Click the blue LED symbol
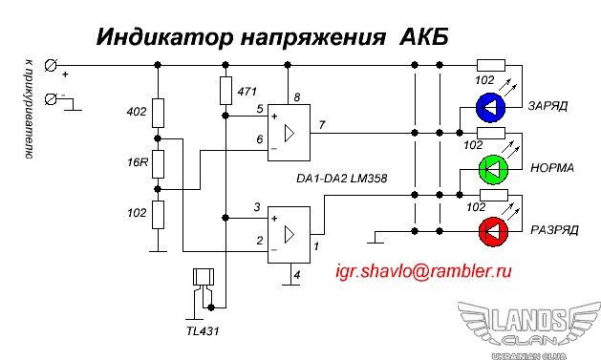[x=490, y=107]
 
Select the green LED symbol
[x=494, y=169]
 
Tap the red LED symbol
[x=494, y=232]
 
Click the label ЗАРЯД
[x=547, y=106]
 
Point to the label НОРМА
[x=552, y=168]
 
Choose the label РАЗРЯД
[x=554, y=230]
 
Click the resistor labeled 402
[x=158, y=113]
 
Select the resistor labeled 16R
[x=158, y=164]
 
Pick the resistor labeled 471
[x=225, y=91]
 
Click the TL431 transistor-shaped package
[x=204, y=277]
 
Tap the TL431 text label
[x=203, y=331]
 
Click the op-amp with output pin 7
[x=289, y=133]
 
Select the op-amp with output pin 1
[x=289, y=235]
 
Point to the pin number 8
[x=297, y=97]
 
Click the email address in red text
[x=423, y=271]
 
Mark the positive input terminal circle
[x=51, y=66]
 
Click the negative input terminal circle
[x=51, y=99]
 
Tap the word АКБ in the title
[x=424, y=37]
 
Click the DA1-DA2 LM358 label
[x=341, y=179]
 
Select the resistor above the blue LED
[x=491, y=66]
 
